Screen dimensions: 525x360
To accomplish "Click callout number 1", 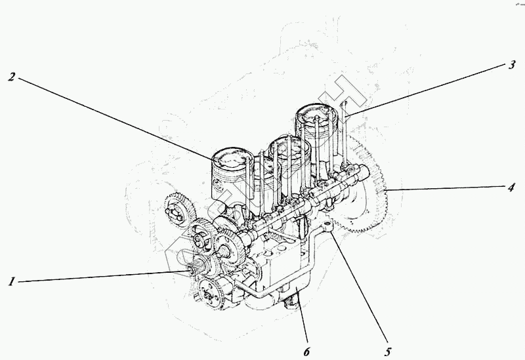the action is coord(12,281).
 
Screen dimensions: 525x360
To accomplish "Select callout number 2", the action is coord(12,77).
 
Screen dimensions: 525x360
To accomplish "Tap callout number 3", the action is coord(511,64).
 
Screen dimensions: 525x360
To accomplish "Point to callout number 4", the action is coord(511,188).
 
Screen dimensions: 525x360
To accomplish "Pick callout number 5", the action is coord(388,351).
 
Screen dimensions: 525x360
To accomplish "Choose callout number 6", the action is coord(306,351).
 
